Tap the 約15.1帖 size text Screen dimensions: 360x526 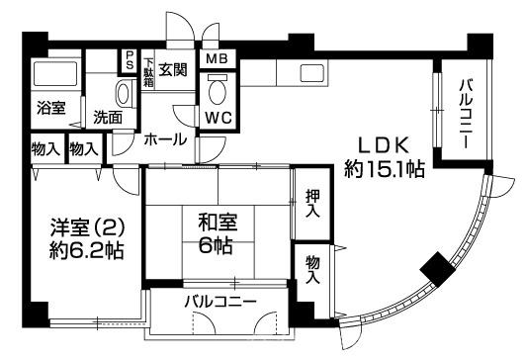coord(385,169)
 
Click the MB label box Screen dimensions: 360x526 coord(217,58)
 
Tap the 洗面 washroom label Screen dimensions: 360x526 coord(108,117)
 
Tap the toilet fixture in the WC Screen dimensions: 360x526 coord(219,89)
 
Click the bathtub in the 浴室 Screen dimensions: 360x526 coord(54,77)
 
